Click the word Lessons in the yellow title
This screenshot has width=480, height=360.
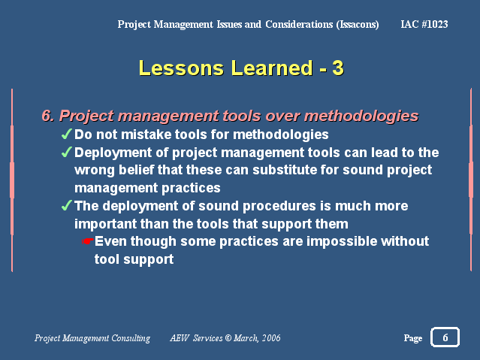click(181, 68)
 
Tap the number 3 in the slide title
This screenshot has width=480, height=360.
click(338, 68)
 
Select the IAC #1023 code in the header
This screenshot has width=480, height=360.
click(424, 24)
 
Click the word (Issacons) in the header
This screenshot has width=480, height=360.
click(358, 25)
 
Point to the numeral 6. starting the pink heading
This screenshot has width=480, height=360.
click(48, 116)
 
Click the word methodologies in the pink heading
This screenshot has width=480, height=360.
click(361, 116)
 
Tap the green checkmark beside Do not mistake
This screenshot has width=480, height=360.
click(67, 134)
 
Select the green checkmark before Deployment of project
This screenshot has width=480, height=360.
click(67, 152)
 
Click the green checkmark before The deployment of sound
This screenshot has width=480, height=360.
click(67, 205)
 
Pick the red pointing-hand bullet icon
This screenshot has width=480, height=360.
click(88, 241)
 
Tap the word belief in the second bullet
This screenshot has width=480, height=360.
click(136, 170)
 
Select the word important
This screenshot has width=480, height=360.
click(105, 224)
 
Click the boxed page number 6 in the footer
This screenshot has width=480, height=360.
click(445, 337)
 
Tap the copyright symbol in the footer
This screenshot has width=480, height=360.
click(228, 337)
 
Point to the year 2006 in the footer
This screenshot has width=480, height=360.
click(271, 337)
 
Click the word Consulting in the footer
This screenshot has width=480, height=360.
click(131, 338)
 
